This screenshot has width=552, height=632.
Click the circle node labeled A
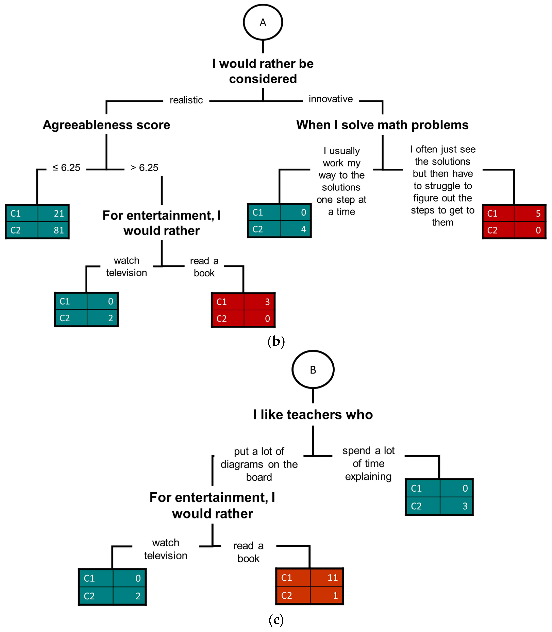(x=263, y=22)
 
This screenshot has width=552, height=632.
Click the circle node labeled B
(x=313, y=370)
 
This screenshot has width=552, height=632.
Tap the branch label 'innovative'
(x=331, y=99)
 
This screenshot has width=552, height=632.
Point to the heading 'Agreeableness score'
(x=106, y=125)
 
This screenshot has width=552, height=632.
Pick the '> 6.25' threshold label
(x=144, y=168)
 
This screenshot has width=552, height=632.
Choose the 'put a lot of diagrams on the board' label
(x=259, y=464)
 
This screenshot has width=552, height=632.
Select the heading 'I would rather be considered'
(x=263, y=71)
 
